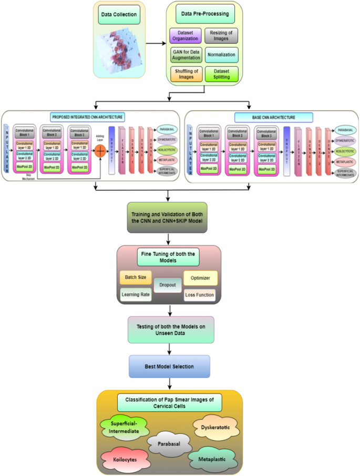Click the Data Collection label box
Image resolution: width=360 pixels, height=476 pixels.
[x=119, y=14]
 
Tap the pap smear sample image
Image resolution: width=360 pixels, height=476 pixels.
[x=119, y=50]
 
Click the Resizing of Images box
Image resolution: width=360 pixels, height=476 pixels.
[x=221, y=36]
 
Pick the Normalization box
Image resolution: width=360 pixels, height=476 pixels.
[x=221, y=54]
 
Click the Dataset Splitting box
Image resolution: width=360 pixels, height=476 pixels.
[x=221, y=73]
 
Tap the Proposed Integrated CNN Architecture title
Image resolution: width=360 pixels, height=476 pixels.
[x=88, y=117]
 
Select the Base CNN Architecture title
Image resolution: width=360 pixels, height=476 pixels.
[x=273, y=117]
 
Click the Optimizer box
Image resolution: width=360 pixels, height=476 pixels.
[x=200, y=277]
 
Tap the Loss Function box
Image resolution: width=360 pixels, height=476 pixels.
[x=200, y=295]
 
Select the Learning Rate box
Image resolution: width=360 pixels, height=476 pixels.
[x=136, y=295]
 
